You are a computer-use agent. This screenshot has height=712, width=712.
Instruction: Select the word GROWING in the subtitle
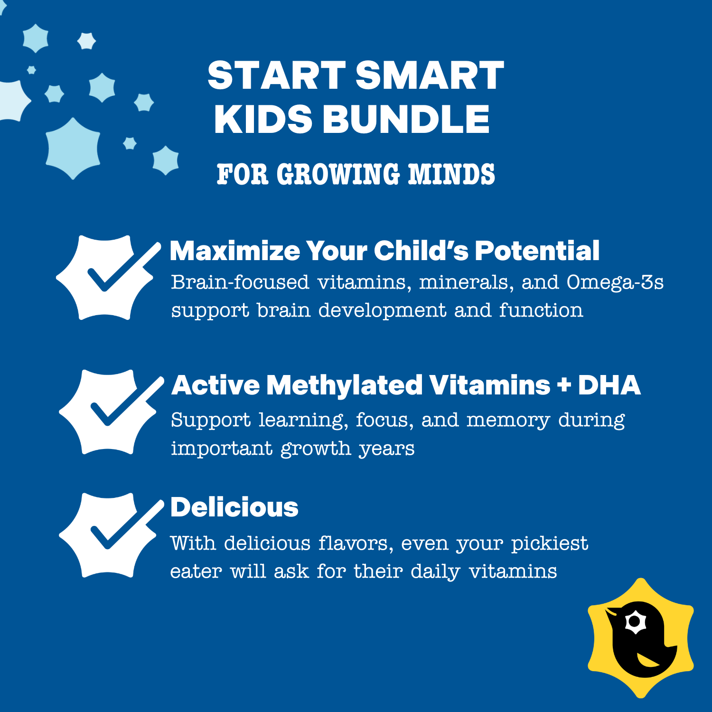coord(338,174)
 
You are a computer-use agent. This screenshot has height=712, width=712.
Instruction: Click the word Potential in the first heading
coord(537,251)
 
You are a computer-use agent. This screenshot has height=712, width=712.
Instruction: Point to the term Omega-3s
coord(615,282)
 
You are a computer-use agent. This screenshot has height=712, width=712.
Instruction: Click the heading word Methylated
coord(345,385)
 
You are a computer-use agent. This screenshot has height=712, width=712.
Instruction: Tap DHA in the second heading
coord(609,385)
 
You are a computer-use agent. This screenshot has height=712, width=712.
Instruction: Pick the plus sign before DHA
coord(564,385)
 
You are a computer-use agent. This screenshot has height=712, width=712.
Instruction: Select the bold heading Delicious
coord(234,507)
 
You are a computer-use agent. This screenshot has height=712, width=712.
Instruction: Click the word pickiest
coord(550,544)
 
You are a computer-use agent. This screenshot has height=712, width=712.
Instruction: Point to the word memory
coord(508,421)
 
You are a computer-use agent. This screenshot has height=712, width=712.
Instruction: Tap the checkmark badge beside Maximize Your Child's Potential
coord(109,278)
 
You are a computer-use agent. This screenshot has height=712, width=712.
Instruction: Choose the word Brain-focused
coord(240,282)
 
